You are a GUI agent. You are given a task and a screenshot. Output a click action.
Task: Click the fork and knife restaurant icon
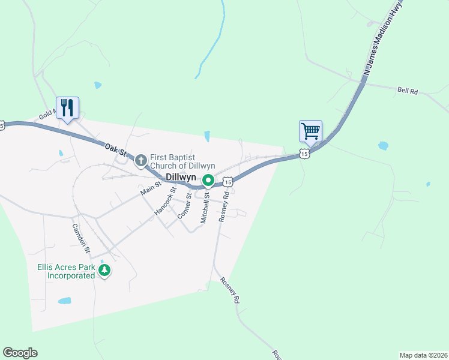pos(67,108)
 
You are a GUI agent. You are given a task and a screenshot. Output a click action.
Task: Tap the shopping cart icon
pos(310,130)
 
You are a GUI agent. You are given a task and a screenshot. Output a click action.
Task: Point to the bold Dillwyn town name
pos(182,178)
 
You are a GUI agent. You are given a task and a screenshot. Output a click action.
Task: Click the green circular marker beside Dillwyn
pos(208,180)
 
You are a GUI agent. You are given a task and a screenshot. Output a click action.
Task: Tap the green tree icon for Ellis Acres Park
pos(105,271)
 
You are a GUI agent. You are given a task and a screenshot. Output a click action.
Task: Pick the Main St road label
pos(151,188)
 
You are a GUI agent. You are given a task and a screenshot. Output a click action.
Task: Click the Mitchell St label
pos(205,208)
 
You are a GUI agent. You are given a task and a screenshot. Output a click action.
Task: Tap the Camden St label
pos(81,238)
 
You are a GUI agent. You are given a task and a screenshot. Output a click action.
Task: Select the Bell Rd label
pos(407,91)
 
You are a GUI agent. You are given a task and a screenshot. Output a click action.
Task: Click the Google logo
pos(20,353)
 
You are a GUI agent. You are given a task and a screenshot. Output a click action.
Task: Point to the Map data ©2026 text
pos(423,355)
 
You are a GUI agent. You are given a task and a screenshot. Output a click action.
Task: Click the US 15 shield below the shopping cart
pos(305,154)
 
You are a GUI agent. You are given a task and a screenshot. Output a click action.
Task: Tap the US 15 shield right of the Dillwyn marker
pos(227,181)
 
